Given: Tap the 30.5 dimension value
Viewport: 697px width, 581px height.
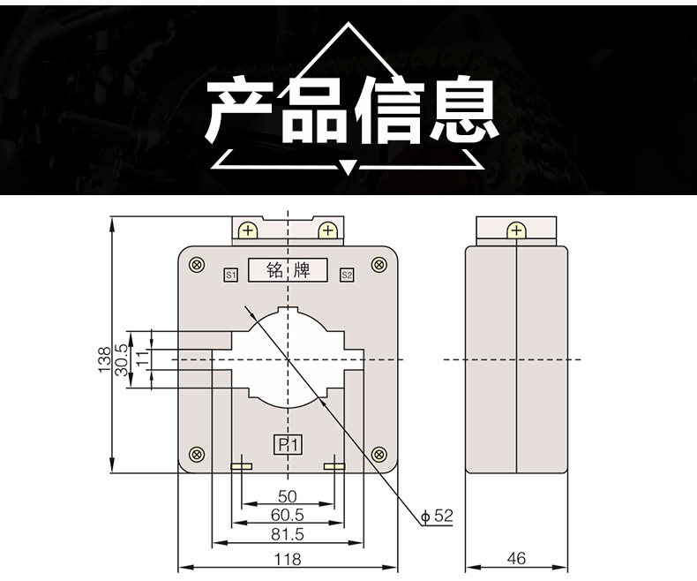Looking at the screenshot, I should tap(122, 359).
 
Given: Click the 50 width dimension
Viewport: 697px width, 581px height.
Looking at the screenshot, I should tap(287, 497).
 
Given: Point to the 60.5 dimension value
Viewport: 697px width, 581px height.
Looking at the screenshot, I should tap(287, 516).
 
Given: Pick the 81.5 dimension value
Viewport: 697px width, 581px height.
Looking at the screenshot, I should tap(287, 535).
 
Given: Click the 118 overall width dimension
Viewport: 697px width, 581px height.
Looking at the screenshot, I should tap(287, 559).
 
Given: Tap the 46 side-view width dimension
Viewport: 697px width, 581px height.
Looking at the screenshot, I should tap(517, 559).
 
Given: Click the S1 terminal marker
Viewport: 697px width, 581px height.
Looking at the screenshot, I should tap(230, 275).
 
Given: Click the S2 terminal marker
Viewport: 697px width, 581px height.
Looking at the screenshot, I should tap(347, 275).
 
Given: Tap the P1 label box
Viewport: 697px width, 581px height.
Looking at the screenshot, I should tap(288, 444).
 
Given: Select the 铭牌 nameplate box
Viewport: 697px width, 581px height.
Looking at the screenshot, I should tap(288, 270).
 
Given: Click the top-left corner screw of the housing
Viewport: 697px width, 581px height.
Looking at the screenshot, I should tap(196, 264).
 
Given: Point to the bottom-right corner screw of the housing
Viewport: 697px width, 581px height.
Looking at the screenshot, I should tap(379, 455).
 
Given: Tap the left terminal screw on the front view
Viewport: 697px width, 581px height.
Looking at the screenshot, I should tap(248, 231).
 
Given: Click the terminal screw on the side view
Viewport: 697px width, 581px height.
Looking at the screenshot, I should tap(516, 231).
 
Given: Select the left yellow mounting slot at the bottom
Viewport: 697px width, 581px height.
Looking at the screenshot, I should tap(241, 466).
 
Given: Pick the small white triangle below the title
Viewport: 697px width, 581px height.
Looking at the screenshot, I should tap(348, 166).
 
